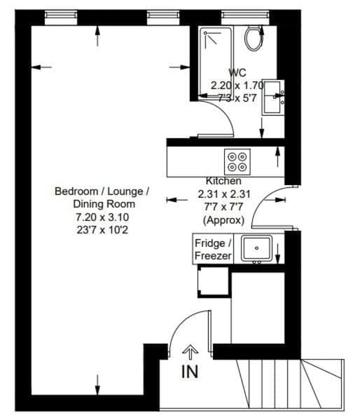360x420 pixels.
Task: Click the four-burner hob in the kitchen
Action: (x=237, y=162)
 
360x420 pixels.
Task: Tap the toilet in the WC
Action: (x=251, y=38)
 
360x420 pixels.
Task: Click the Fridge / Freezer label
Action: (x=212, y=250)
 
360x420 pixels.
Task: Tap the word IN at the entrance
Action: (x=190, y=372)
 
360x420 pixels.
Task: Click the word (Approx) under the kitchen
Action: (x=223, y=219)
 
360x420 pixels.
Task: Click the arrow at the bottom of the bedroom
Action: (x=97, y=385)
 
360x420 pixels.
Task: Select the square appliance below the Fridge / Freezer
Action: (x=213, y=283)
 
